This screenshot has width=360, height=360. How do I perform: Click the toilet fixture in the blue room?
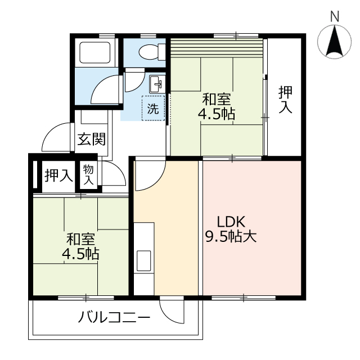[x=150, y=52]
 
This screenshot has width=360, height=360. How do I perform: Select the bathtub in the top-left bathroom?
[x=96, y=52]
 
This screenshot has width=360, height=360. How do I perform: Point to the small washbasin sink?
[x=157, y=86]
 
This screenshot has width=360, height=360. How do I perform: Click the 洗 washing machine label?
[x=153, y=110]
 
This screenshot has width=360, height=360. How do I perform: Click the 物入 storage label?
[x=89, y=175]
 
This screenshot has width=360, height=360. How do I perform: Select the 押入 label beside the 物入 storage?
[x=58, y=175]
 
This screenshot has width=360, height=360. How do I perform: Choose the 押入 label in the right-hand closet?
[x=286, y=99]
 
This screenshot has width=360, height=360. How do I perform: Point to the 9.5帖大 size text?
[x=231, y=237]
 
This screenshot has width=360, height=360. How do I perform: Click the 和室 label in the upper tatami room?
[x=216, y=100]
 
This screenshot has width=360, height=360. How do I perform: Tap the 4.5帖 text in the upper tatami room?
[x=216, y=114]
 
